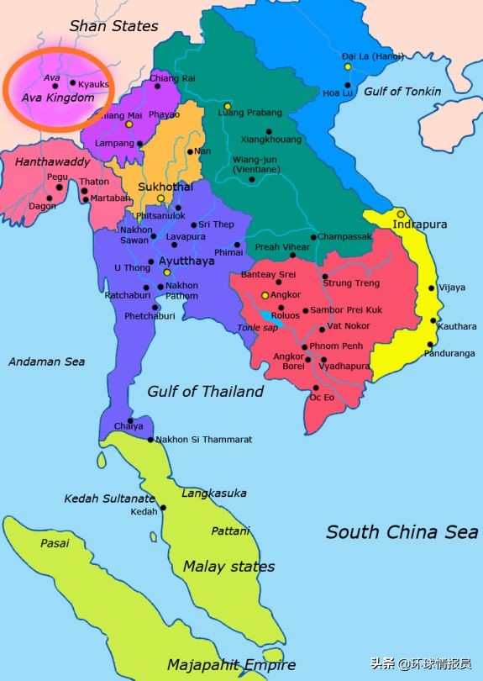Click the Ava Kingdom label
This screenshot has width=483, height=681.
57,98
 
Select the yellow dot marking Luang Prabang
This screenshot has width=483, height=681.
227,107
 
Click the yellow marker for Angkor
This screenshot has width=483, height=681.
265,295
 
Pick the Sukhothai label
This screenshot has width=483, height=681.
165,186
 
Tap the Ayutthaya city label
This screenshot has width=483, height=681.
186,261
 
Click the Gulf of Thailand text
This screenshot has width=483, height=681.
205,391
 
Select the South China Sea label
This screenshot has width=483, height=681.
402,531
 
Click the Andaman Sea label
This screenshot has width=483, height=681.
47,362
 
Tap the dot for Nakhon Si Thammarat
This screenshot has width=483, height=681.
150,440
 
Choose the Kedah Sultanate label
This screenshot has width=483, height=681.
110,499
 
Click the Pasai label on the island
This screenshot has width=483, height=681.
55,543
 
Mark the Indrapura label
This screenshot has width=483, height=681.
421,224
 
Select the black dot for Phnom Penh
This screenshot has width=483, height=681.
304,347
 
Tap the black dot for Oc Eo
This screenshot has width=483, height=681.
313,388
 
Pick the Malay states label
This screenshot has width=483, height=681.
228,566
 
